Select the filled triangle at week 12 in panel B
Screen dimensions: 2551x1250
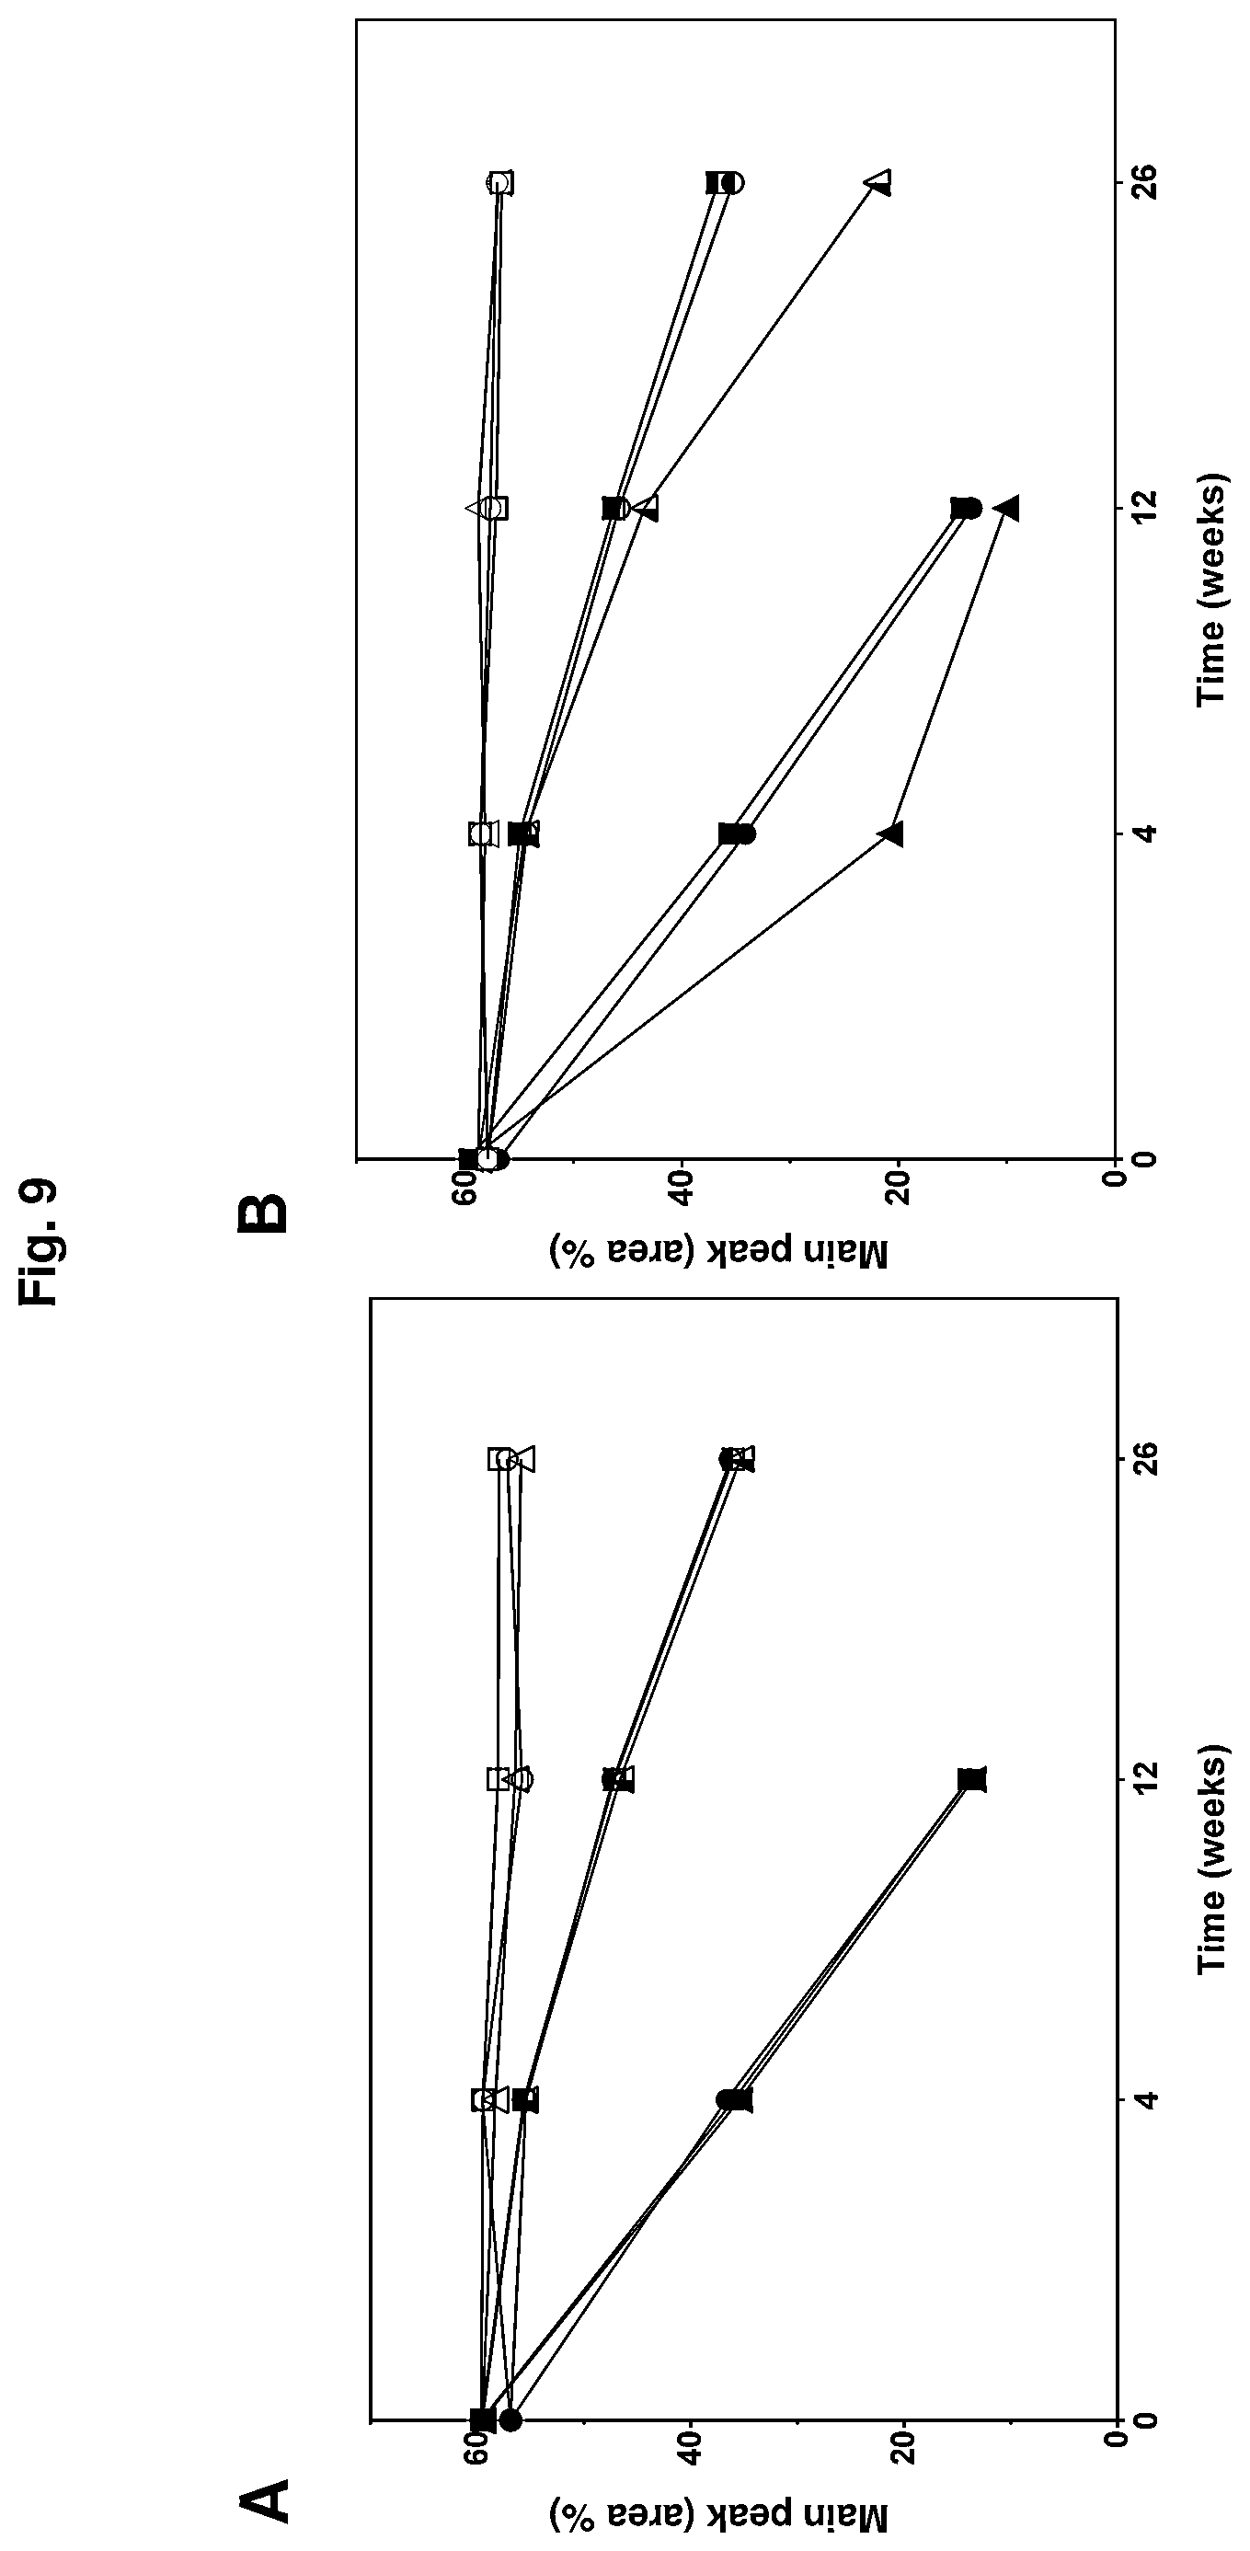pos(1008,508)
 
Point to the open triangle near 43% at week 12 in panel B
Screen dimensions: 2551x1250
pos(647,508)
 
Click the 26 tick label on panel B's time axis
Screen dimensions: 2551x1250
pos(1144,182)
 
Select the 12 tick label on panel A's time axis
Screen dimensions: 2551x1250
pos(1144,1779)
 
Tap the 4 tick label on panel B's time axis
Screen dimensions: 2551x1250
pos(1144,833)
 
